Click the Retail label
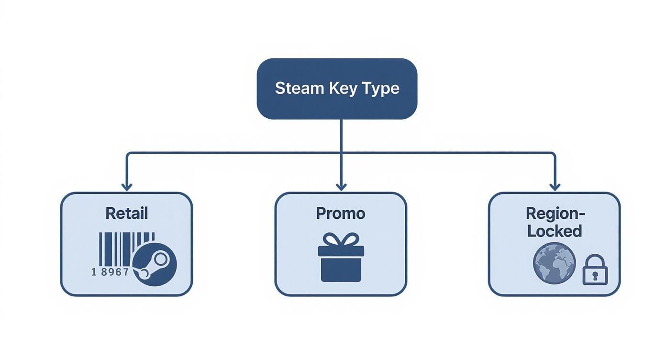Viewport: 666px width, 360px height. [126, 213]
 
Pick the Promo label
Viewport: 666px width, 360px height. [340, 213]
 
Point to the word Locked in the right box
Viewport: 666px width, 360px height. [554, 231]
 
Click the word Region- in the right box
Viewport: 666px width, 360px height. [555, 213]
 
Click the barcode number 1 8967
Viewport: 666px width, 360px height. [110, 272]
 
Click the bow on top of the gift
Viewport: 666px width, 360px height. [341, 239]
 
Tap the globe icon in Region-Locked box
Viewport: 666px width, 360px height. [554, 263]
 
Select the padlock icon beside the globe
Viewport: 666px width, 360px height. [595, 270]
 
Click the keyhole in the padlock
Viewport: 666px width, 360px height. [595, 276]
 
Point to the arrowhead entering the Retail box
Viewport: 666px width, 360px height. [126, 186]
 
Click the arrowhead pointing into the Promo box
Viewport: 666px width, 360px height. [341, 186]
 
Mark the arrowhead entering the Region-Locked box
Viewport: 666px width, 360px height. [555, 186]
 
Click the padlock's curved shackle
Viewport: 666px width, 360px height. [595, 260]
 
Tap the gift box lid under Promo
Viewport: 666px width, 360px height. [341, 251]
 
